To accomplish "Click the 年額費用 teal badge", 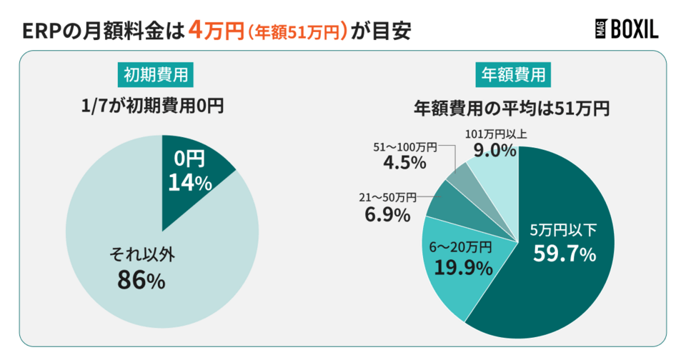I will [511, 74].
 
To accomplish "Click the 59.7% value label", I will [565, 254].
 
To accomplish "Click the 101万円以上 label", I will [494, 134].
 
